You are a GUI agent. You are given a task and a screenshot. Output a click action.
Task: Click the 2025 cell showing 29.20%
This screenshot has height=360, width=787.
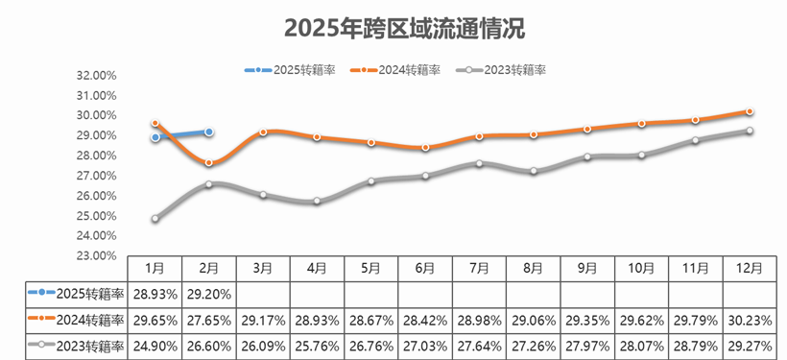pyautogui.click(x=208, y=293)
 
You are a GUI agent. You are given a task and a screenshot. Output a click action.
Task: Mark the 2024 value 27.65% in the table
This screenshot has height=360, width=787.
pyautogui.click(x=208, y=319)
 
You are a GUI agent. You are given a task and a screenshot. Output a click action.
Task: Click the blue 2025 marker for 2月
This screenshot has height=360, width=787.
pyautogui.click(x=209, y=132)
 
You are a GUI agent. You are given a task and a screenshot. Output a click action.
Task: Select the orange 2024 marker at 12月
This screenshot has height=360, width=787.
pyautogui.click(x=749, y=111)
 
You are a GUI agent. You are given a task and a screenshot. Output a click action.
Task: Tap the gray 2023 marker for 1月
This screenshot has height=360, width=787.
pyautogui.click(x=155, y=219)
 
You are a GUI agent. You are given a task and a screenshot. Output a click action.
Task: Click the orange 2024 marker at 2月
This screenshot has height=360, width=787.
pyautogui.click(x=209, y=163)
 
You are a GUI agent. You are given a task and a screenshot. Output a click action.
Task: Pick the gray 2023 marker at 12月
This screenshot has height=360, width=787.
pyautogui.click(x=749, y=131)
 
